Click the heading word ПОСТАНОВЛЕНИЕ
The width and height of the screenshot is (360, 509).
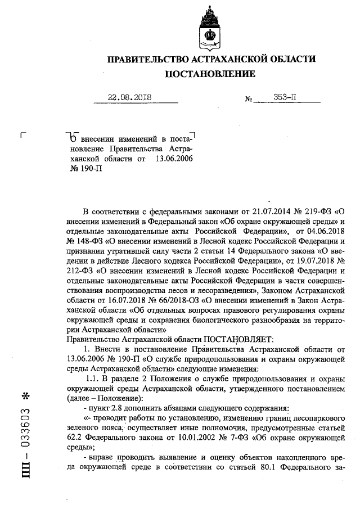[210, 74]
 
